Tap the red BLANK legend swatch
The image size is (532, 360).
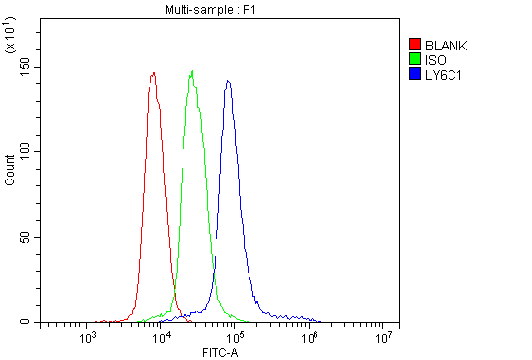tap(416, 45)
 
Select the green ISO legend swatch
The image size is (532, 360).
tap(416, 58)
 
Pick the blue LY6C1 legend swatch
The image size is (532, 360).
tap(416, 73)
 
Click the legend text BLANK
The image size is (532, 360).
tap(446, 45)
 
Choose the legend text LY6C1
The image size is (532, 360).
tap(443, 73)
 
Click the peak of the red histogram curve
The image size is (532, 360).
tap(154, 73)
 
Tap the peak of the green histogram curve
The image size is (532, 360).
tap(193, 71)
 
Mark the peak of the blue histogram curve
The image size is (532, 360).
tap(228, 81)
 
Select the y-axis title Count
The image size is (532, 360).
tap(10, 171)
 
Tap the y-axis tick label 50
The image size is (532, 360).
tap(24, 237)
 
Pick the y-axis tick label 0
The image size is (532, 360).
tap(27, 322)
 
